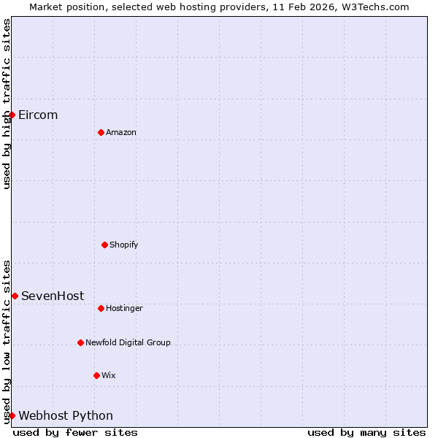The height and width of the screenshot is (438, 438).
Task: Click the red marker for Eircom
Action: click(12, 115)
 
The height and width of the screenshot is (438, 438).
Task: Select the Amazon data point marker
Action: click(101, 132)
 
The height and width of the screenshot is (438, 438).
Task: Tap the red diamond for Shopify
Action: click(104, 245)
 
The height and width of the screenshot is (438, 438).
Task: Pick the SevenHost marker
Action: click(15, 296)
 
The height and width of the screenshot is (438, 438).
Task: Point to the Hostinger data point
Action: click(101, 308)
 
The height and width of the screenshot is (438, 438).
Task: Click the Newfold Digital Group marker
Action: click(80, 342)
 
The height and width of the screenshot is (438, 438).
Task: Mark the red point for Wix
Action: click(96, 375)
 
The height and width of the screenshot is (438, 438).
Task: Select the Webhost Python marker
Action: click(12, 415)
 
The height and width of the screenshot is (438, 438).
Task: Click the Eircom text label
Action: click(38, 115)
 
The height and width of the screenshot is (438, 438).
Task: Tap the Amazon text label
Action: click(121, 133)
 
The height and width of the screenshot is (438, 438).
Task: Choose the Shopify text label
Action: click(124, 245)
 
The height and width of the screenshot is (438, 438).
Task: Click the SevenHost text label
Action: click(53, 296)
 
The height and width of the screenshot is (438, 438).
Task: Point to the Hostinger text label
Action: click(124, 309)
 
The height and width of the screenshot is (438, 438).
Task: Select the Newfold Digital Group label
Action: click(128, 343)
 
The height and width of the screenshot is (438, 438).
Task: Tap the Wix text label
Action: click(109, 376)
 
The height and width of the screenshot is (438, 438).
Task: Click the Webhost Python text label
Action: click(66, 416)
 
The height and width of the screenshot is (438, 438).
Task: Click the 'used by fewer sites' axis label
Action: click(75, 433)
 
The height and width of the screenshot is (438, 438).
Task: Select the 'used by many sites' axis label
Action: click(366, 433)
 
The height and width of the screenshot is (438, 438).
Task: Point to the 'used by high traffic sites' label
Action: click(7, 104)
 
